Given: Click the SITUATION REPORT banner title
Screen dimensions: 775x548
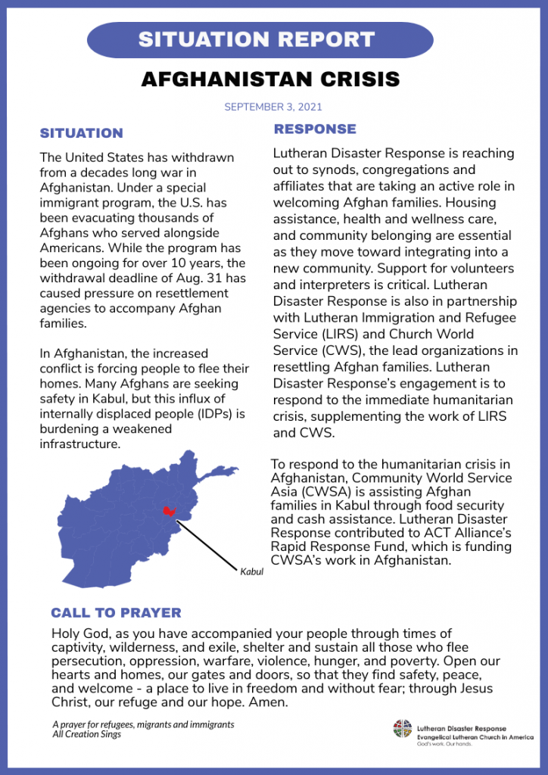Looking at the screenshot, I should tap(257, 39).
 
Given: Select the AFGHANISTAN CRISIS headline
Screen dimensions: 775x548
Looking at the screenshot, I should tap(270, 79).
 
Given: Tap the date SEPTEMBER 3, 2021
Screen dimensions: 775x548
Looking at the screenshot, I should tap(273, 107).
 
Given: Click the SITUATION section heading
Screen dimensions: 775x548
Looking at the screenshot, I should tap(81, 133).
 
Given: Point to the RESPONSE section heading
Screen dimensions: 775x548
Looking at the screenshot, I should tap(315, 129).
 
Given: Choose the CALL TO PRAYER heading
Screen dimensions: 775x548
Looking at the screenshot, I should tap(116, 612).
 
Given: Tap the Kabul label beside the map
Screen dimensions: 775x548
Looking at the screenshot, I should tap(251, 571).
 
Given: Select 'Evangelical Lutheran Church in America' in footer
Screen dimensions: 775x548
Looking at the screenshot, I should tap(475, 737).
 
